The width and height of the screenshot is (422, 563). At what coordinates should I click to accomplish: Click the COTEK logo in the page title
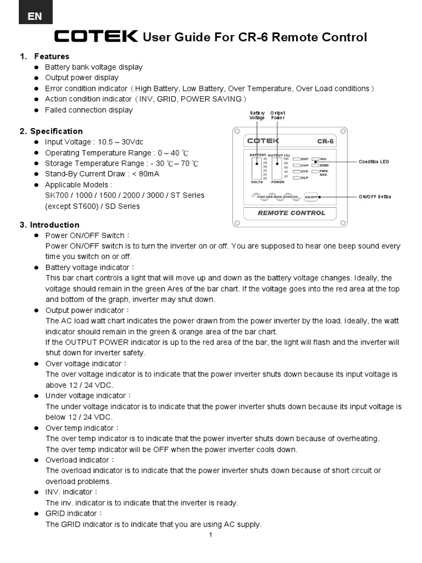[96, 37]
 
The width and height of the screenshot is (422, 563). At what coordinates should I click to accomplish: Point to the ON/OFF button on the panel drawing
[311, 196]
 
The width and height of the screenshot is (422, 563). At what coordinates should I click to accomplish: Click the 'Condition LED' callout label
[374, 162]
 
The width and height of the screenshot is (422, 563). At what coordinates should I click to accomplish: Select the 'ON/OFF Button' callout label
[375, 196]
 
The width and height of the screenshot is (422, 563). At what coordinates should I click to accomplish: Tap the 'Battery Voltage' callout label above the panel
[257, 115]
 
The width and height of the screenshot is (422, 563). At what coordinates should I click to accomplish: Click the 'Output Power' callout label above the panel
[277, 115]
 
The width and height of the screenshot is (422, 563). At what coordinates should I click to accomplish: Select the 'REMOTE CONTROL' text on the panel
[291, 213]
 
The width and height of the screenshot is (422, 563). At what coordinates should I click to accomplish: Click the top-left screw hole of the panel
[236, 131]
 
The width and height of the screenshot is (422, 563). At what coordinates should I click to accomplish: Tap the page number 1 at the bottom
[210, 534]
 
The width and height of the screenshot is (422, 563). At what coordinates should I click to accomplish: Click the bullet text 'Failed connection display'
[88, 110]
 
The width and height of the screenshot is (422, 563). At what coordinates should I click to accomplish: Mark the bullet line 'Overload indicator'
[80, 460]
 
